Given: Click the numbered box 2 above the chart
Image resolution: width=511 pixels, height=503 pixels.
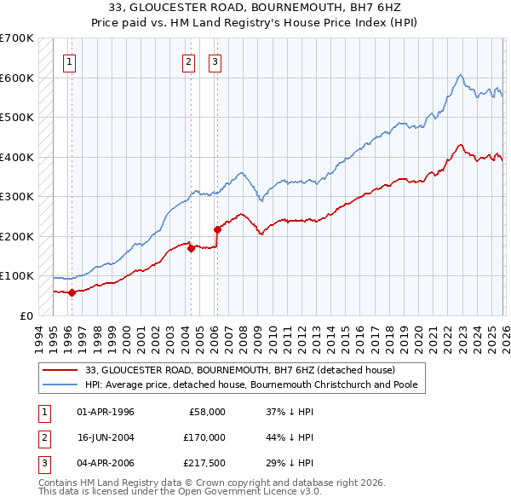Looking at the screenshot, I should (188, 61).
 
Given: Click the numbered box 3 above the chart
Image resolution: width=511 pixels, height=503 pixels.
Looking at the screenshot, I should (215, 61).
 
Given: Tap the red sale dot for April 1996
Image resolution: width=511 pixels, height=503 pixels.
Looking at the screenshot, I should (72, 292).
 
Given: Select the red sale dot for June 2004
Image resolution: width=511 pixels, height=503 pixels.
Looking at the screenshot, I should (191, 248).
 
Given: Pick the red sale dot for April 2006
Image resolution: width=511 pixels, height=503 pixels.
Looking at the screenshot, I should (217, 229).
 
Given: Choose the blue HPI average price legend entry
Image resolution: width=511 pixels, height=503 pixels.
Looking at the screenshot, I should (250, 384).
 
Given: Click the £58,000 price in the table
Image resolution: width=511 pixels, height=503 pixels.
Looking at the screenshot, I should (207, 412).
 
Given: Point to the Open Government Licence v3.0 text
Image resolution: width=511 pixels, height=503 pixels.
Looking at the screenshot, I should (228, 492).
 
